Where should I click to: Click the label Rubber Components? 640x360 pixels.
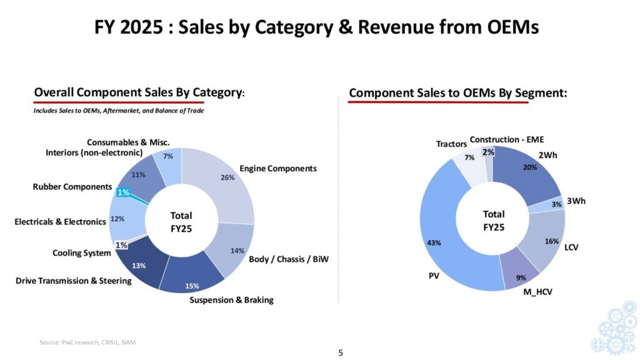(72, 186)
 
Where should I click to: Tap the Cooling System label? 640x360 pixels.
(81, 253)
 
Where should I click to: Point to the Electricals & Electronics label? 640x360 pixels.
(60, 221)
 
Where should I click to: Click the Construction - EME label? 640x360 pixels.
(511, 139)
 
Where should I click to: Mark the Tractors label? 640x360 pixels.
(451, 144)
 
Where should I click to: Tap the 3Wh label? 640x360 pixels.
(576, 201)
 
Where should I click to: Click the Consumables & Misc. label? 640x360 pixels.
(128, 142)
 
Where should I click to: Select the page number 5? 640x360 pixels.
(341, 352)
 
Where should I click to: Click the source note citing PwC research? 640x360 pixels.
(87, 342)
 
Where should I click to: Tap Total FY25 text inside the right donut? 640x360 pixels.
(494, 221)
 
